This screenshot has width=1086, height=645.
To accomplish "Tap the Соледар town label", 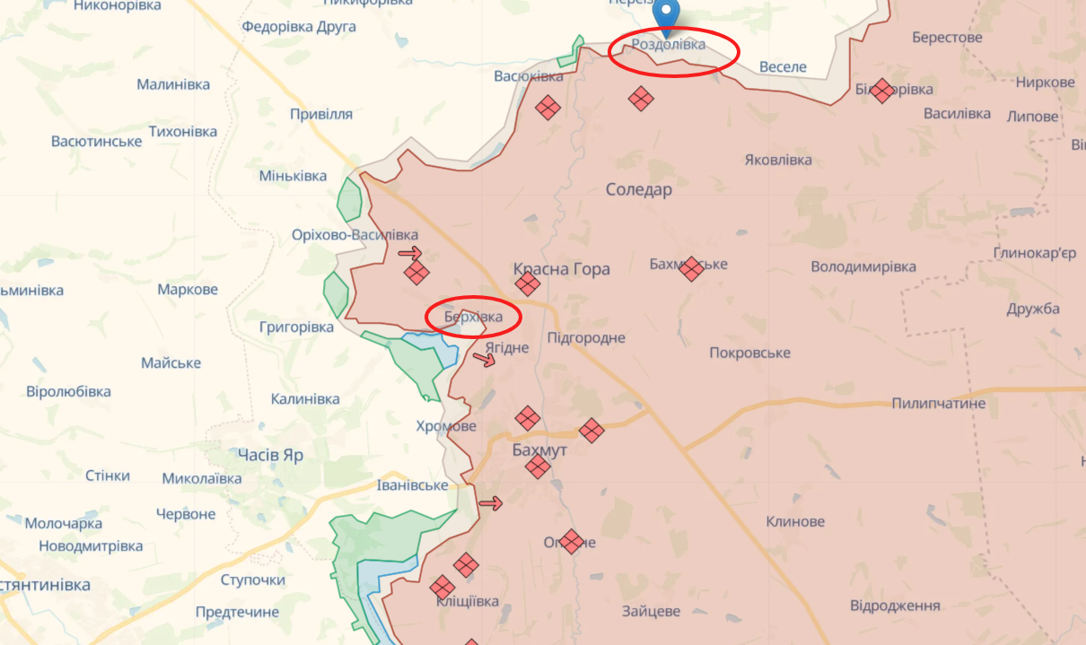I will pyautogui.click(x=639, y=189).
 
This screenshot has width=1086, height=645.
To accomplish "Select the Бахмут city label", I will pyautogui.click(x=539, y=449).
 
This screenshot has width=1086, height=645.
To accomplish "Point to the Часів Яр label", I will pyautogui.click(x=270, y=455).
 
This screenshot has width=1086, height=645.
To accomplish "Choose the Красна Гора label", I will pyautogui.click(x=562, y=269).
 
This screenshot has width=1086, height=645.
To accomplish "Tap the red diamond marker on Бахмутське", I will pyautogui.click(x=690, y=268).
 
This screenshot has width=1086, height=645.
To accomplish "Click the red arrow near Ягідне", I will pyautogui.click(x=485, y=360).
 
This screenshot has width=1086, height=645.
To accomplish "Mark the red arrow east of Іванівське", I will pyautogui.click(x=490, y=503).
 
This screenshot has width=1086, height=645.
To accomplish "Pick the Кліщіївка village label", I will pyautogui.click(x=467, y=601).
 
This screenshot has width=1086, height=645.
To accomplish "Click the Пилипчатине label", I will pyautogui.click(x=939, y=404).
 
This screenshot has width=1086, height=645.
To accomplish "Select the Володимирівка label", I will pyautogui.click(x=863, y=267).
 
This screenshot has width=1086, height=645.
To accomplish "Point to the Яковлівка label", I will pyautogui.click(x=778, y=160).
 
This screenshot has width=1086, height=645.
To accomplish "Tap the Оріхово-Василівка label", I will pyautogui.click(x=355, y=235).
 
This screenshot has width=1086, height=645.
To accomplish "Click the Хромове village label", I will pyautogui.click(x=446, y=426).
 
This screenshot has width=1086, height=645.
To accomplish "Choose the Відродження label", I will pyautogui.click(x=895, y=606).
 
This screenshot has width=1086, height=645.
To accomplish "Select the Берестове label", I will pyautogui.click(x=947, y=38).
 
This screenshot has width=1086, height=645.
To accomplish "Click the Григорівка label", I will pyautogui.click(x=296, y=327).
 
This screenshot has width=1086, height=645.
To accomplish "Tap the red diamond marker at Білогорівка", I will pyautogui.click(x=882, y=90).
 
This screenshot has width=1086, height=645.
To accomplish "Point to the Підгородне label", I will pyautogui.click(x=586, y=338).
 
